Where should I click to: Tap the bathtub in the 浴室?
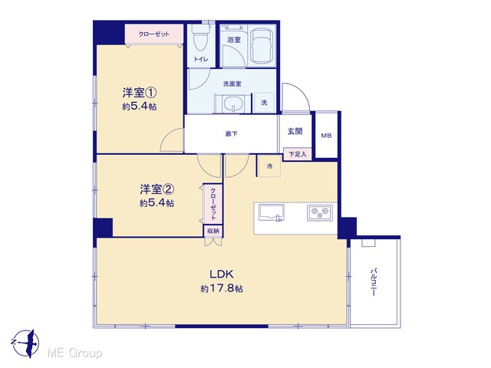(x=261, y=46)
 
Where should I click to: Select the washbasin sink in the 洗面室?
(x=232, y=103)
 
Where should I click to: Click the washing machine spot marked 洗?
(x=264, y=102)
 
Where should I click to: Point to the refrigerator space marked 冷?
(x=269, y=166)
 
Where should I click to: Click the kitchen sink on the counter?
(x=272, y=213)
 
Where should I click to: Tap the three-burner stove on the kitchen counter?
(x=319, y=213)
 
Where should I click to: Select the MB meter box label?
(x=326, y=136)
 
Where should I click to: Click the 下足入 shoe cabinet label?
(x=296, y=154)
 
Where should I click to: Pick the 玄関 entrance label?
(x=295, y=131)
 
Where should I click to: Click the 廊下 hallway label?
(x=232, y=134)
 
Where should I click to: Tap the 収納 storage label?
(x=213, y=231)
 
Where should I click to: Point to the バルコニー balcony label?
(x=374, y=281)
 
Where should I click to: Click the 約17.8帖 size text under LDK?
(x=222, y=288)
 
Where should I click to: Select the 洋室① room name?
(x=139, y=93)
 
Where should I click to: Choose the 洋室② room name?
(x=157, y=189)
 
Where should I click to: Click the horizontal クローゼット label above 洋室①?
(x=153, y=34)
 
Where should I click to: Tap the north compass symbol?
(x=25, y=343)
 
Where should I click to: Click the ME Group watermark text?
(x=74, y=353)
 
